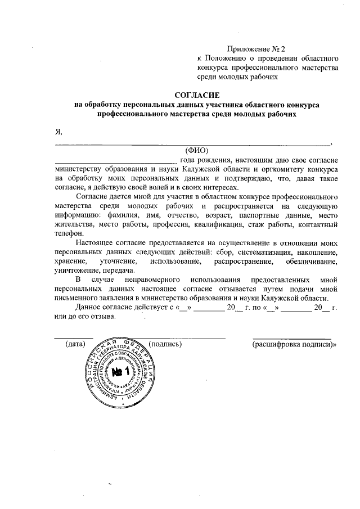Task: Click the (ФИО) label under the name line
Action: tap(196, 150)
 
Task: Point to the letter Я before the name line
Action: tap(57, 132)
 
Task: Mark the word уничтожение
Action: tap(78, 270)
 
